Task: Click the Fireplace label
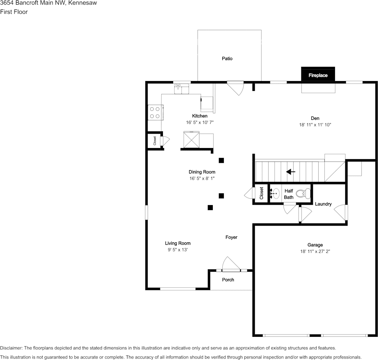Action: point(318,75)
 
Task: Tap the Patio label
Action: point(227,59)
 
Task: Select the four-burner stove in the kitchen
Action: point(155,112)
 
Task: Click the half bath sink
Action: point(275,194)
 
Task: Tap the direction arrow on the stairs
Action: point(291,172)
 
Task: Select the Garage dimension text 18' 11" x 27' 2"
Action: point(315,252)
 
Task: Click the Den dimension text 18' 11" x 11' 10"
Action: point(315,125)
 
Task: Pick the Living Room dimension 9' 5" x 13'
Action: point(178,250)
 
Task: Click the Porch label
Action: point(228,280)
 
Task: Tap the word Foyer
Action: point(231,237)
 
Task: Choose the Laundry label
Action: point(323,204)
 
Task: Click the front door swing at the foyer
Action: point(230,264)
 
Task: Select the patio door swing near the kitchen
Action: point(236,88)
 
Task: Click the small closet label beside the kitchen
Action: point(155,141)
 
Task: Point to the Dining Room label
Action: point(202,172)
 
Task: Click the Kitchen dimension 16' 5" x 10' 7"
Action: point(200,123)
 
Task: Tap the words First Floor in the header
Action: point(14,12)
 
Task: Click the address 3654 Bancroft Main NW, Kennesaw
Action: point(48,3)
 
